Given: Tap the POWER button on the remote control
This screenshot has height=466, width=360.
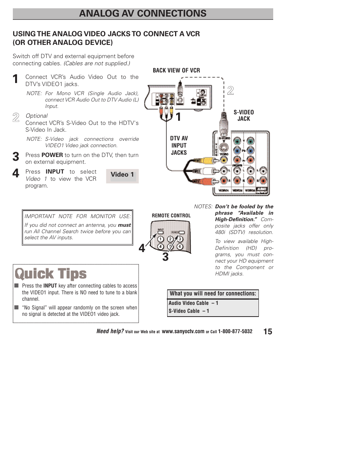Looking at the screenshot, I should [182, 232].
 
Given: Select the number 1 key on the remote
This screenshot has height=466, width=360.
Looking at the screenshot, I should [160, 239].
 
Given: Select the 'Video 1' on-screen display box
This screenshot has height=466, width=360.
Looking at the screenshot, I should [122, 175].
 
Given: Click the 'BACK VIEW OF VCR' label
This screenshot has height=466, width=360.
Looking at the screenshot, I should [176, 71].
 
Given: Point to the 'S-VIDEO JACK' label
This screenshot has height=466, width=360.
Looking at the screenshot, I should [243, 115].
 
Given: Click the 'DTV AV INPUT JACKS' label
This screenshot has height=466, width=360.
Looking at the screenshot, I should [179, 146].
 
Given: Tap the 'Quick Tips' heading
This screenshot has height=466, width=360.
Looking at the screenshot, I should [51, 274].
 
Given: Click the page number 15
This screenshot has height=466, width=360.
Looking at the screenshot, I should [268, 332].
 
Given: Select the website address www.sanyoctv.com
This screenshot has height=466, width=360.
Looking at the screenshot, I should [183, 332].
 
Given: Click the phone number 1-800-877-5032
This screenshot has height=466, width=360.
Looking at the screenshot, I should [235, 332].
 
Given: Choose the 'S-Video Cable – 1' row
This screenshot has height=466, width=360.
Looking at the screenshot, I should [189, 311].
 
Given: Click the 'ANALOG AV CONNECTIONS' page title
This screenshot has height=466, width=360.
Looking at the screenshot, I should [143, 14].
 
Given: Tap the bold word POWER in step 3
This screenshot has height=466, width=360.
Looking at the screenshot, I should [52, 155].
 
